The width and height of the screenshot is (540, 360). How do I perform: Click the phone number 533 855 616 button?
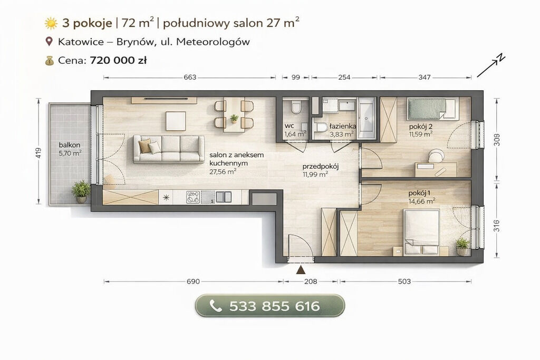coord(270,306)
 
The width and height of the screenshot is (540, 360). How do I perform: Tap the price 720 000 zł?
coord(118,61)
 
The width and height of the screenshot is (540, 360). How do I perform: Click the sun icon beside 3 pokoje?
coord(51,23)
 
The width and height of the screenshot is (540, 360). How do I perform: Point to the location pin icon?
coord(49,42)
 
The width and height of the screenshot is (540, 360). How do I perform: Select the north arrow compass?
coord(491,66)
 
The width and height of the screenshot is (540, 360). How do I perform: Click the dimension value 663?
coord(190,77)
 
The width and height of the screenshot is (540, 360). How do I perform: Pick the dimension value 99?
coord(296,77)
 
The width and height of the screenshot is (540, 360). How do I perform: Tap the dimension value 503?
coord(404,281)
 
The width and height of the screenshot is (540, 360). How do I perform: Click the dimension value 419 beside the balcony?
coord(38,153)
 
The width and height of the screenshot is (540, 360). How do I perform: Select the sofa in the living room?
coord(169,149)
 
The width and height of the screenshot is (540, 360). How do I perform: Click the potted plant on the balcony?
coord(81,191)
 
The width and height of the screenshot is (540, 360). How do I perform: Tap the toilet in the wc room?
coord(296,107)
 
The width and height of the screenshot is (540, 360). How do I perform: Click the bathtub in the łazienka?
coord(366,118)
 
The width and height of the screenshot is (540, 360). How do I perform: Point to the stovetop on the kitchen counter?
coord(193,197)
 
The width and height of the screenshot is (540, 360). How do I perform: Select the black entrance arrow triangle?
coord(301,270)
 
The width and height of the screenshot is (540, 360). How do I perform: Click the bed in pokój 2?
coord(433,109)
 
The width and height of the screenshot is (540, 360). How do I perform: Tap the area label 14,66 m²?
coord(422,201)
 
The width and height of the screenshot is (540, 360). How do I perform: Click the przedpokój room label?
coord(321,167)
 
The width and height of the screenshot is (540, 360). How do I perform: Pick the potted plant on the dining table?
coord(234,119)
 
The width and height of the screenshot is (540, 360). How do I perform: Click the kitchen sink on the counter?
coord(224,197)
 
